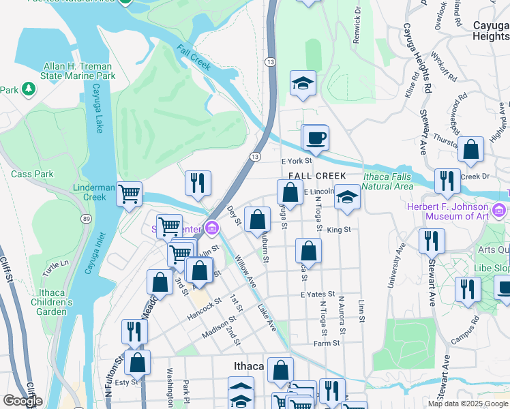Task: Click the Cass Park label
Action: click(x=32, y=174)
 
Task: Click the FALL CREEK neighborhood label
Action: click(x=312, y=176)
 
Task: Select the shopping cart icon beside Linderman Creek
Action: click(x=128, y=194)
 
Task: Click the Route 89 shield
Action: click(x=85, y=218)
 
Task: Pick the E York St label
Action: click(x=296, y=162)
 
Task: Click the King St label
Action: click(x=338, y=230)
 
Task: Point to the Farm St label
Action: click(x=322, y=344)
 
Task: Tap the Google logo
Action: click(x=22, y=401)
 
